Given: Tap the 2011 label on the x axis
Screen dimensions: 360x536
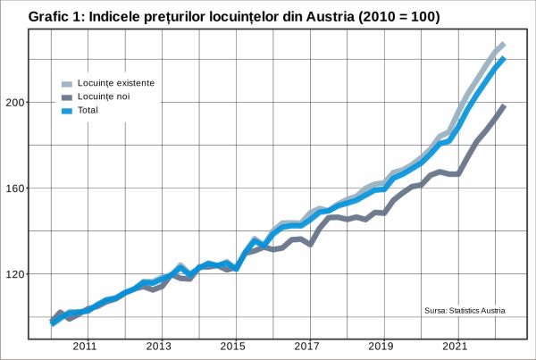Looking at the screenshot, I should pos(85,346).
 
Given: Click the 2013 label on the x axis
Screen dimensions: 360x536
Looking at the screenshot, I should pos(159,346).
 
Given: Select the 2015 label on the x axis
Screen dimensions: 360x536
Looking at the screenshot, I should pos(233,346).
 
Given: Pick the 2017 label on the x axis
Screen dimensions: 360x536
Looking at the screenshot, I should pos(307,346).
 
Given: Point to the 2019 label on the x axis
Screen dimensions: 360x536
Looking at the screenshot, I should pos(381,346).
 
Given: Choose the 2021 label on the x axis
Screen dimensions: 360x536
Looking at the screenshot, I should pos(456,346).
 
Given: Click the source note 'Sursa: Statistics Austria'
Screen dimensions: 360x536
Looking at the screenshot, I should pos(465,311).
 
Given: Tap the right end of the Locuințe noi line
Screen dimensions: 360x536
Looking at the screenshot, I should pos(504,106).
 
